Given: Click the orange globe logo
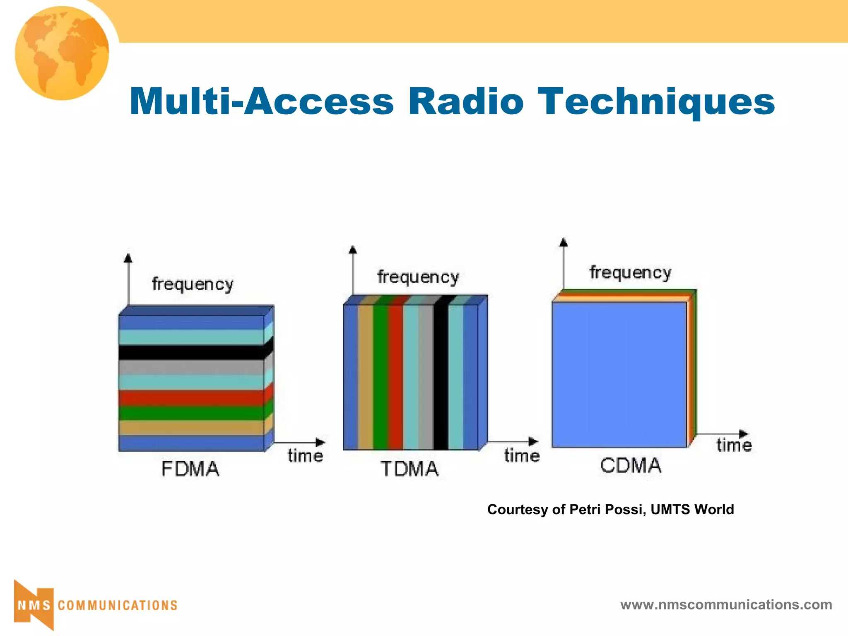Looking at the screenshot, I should (62, 53).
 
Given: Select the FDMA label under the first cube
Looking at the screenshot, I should (190, 469).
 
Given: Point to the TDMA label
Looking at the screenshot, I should (409, 469).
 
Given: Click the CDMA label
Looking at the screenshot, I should (631, 465).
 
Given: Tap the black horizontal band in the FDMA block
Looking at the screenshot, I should (191, 352).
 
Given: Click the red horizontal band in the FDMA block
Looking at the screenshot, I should (191, 398).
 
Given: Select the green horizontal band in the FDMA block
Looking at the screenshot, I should (191, 413).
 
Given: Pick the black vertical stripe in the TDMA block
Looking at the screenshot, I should (441, 377).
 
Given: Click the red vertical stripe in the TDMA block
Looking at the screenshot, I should (395, 377).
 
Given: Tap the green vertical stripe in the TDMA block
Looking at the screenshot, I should (381, 377).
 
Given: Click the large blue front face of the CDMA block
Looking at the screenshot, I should (619, 375).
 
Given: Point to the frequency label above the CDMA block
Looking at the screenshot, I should (630, 273).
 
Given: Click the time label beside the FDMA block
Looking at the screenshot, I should (305, 456).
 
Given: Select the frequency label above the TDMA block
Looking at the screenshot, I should (418, 277).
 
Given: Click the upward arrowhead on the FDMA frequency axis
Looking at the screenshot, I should (128, 258).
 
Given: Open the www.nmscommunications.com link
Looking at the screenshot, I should (726, 605).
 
